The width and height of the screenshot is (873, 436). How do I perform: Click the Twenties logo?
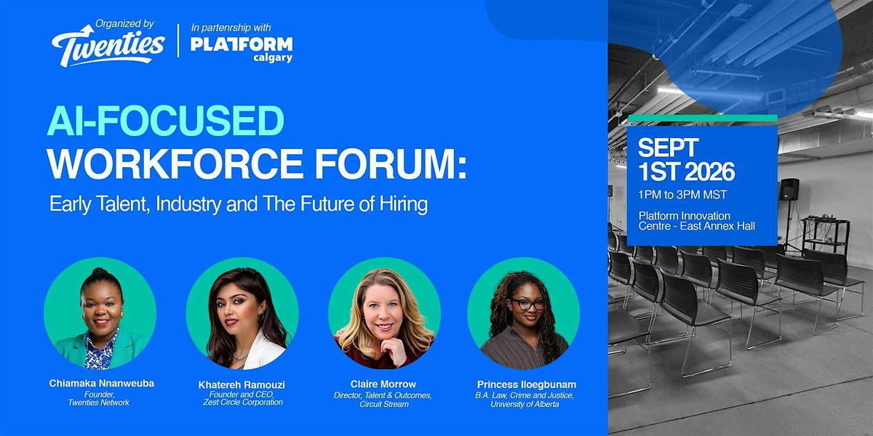(108, 47)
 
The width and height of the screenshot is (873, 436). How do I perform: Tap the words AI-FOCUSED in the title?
(166, 121)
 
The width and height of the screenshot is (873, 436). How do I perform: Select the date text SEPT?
(668, 148)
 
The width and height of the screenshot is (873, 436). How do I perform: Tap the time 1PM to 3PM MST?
(682, 195)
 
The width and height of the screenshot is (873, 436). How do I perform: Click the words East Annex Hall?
(717, 226)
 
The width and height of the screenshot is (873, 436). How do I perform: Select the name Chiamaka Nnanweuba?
(102, 384)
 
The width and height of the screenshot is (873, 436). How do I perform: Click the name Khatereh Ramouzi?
(242, 384)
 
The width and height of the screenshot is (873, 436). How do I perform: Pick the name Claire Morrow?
(383, 384)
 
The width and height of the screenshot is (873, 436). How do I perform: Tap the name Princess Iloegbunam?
(527, 384)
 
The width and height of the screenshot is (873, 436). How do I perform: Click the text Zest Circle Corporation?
(243, 402)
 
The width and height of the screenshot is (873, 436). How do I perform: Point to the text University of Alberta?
(525, 405)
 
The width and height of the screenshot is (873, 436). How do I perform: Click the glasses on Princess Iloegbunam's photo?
(527, 304)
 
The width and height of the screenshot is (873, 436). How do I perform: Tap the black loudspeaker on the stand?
(789, 190)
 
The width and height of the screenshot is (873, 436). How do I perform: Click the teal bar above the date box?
(703, 118)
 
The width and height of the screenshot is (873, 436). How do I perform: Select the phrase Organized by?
(124, 24)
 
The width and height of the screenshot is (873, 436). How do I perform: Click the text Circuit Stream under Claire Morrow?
(384, 405)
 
